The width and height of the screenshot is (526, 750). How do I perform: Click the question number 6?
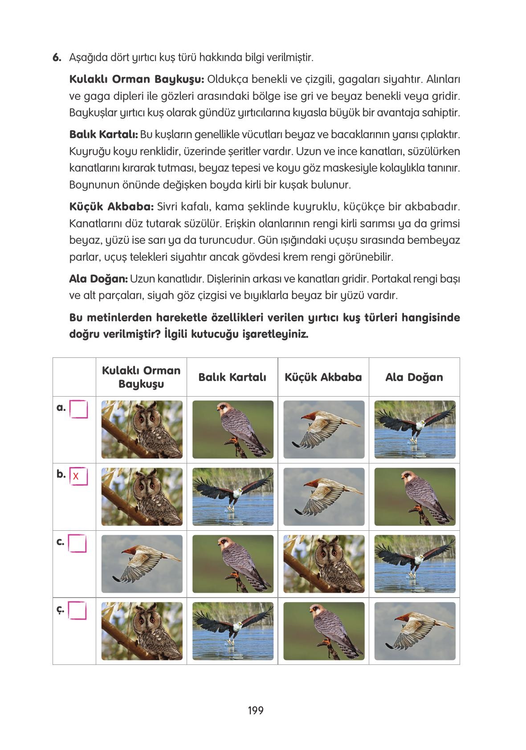(56, 57)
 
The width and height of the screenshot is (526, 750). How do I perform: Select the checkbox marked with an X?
(79, 476)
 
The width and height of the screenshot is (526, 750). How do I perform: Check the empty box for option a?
(79, 409)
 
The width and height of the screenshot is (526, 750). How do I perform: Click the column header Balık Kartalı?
(232, 377)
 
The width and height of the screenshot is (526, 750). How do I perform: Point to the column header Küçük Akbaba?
(323, 377)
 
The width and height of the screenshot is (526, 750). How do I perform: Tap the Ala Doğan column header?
(414, 377)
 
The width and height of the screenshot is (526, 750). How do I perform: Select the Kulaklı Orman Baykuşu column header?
(141, 377)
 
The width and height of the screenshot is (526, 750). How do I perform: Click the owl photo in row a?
(142, 430)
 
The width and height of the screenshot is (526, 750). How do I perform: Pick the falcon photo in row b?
(415, 497)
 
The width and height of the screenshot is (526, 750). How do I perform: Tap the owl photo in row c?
(323, 564)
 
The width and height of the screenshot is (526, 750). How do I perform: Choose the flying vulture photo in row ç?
(415, 631)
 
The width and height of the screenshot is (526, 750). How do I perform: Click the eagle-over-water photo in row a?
(415, 430)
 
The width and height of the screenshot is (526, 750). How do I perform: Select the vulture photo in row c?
(142, 564)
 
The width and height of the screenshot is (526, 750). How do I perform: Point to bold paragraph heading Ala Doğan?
(98, 279)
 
